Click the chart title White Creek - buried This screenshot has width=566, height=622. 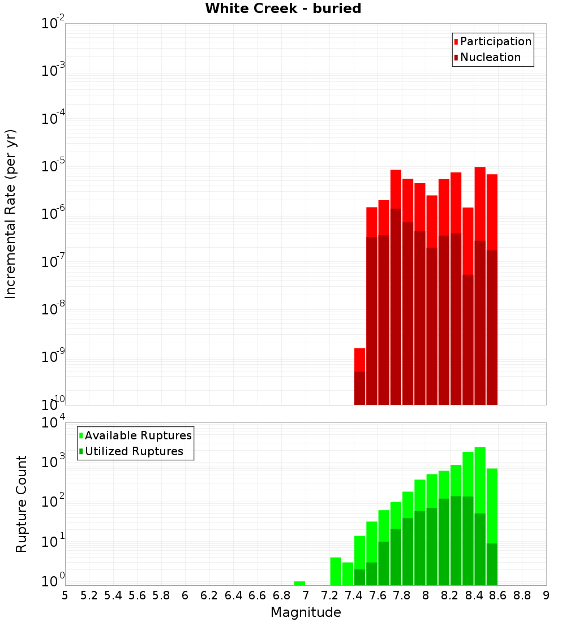click(283, 8)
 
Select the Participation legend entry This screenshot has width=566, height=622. click(495, 41)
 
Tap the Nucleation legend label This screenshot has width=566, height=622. click(490, 57)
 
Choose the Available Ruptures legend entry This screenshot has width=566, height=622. click(138, 435)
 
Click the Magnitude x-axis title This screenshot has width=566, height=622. click(306, 612)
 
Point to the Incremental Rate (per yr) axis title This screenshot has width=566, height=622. click(11, 214)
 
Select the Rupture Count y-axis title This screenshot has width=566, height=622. click(22, 503)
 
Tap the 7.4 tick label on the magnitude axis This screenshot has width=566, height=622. click(354, 595)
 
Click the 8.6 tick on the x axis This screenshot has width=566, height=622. click(498, 595)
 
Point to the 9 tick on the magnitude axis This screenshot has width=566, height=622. click(546, 595)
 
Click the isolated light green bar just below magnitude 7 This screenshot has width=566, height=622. click(299, 583)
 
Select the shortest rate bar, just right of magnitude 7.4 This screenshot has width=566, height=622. click(359, 376)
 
